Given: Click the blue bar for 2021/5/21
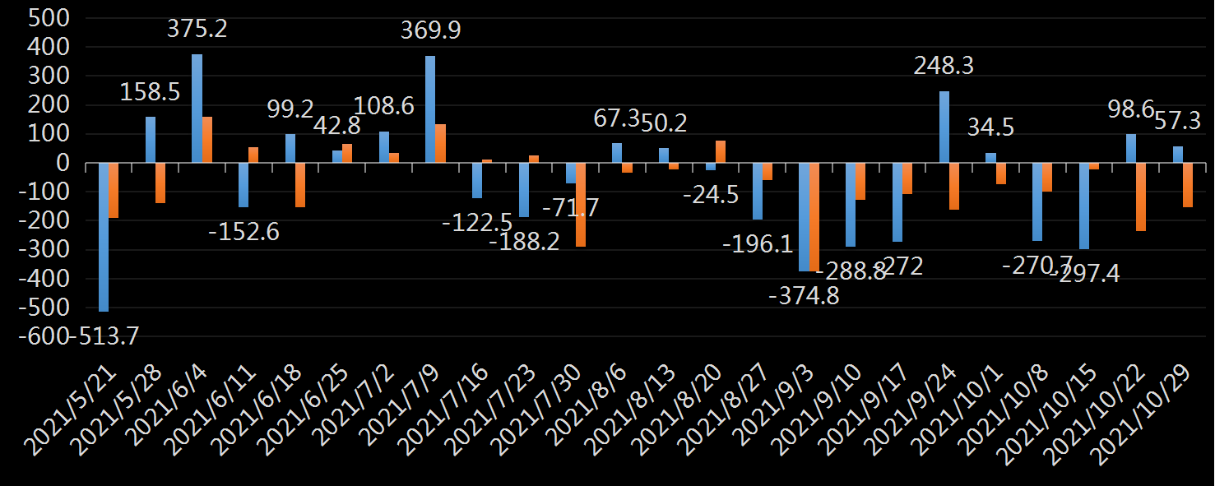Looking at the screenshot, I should click(x=104, y=237).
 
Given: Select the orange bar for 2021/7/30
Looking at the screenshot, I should click(x=581, y=205).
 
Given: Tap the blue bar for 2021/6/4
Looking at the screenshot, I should click(x=197, y=109).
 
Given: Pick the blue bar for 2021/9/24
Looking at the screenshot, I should click(x=944, y=127).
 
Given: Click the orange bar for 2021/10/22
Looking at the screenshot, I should click(x=1141, y=197).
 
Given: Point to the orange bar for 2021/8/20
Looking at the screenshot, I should click(x=721, y=152).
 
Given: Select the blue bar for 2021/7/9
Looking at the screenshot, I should click(x=430, y=109).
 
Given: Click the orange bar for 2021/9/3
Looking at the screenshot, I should click(x=814, y=217).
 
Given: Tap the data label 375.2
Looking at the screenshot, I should click(x=197, y=30).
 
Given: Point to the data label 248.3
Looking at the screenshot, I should click(x=944, y=66).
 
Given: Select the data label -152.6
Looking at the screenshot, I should click(x=244, y=232).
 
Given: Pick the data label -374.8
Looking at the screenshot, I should click(x=804, y=296).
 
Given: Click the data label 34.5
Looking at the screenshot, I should click(x=990, y=127).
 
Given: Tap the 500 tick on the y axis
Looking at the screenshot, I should click(x=49, y=18).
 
